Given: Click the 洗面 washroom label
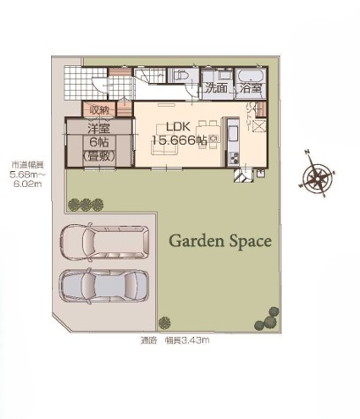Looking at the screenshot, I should coord(215,88).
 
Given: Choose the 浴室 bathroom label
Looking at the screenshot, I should coord(250,88).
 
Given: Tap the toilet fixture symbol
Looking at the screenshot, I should coord(183,78).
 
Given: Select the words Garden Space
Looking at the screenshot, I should coord(220,240).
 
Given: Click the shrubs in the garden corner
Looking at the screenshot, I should coord(264,316).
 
